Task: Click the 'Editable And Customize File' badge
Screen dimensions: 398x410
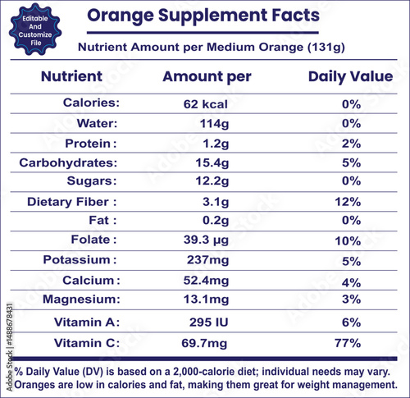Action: click(35, 30)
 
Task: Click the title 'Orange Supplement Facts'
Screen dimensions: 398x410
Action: click(198, 16)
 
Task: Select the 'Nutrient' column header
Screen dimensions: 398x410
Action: click(72, 77)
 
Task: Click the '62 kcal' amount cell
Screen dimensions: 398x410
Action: click(205, 104)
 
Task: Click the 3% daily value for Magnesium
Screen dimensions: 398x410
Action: click(351, 300)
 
